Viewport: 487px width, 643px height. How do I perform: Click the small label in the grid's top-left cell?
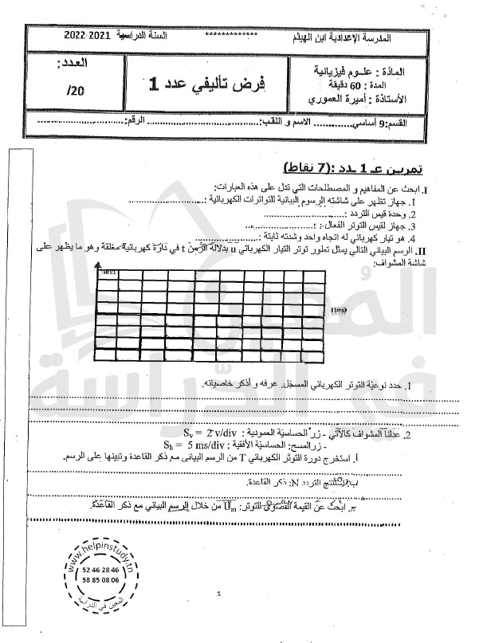point(106,273)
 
